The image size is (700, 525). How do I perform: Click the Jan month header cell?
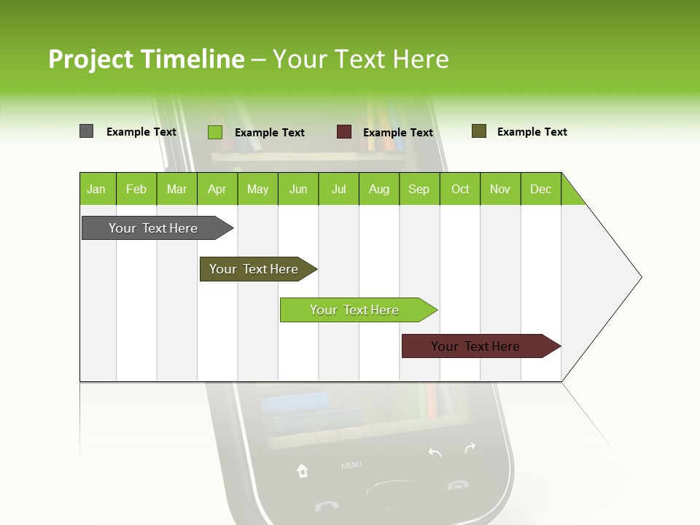pos(97,189)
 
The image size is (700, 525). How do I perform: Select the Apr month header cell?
pos(217,189)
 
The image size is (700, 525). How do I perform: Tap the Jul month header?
pos(338,189)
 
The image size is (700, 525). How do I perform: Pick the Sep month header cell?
pos(419,189)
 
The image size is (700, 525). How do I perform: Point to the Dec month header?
pos(540,189)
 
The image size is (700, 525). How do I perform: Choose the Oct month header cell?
pos(460,189)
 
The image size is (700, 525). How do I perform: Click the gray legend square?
pos(86,131)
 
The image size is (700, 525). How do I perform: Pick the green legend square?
pos(214,132)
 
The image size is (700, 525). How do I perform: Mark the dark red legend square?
pos(343,132)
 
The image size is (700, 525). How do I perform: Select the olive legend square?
pos(478,131)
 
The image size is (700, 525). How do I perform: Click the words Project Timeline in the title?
pos(147,59)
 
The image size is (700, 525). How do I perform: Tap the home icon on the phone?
pos(302,471)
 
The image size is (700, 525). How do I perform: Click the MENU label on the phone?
pos(351,464)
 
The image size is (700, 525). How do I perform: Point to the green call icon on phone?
pos(326,505)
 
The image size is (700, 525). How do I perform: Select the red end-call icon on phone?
pos(458,485)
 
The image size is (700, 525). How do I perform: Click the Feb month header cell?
pos(136,189)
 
